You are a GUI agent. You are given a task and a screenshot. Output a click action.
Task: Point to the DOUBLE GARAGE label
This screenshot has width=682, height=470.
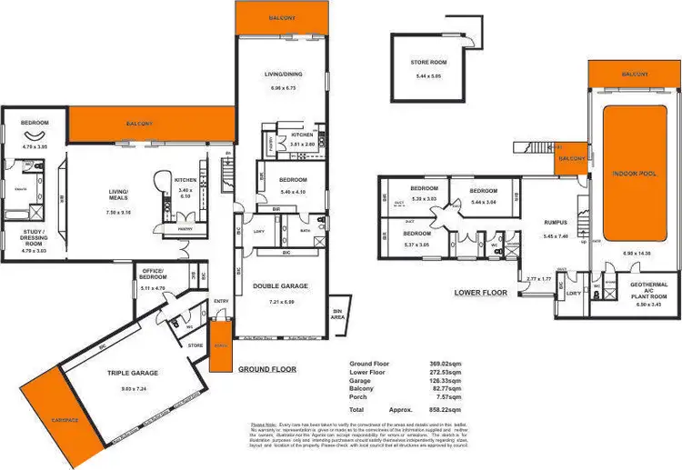pyautogui.click(x=280, y=285)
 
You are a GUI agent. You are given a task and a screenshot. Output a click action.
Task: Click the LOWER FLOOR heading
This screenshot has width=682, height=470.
pyautogui.click(x=481, y=293)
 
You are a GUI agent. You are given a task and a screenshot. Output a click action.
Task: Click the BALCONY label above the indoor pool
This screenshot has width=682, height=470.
pyautogui.click(x=634, y=74)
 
